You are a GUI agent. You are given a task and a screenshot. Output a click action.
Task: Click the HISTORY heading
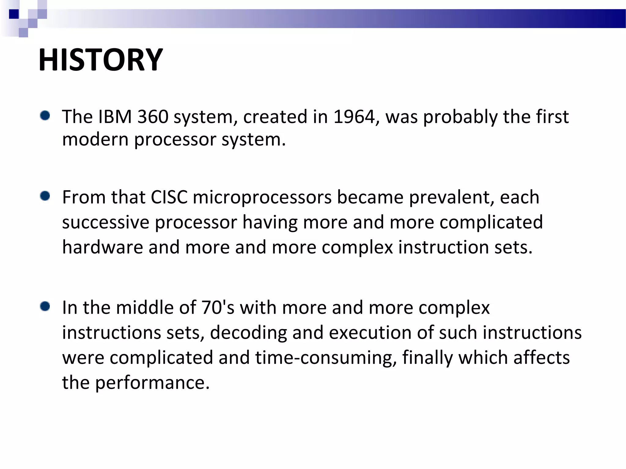(x=101, y=60)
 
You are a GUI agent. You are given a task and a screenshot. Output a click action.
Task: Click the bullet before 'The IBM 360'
(x=45, y=116)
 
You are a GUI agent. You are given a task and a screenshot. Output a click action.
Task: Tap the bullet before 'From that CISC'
(x=45, y=196)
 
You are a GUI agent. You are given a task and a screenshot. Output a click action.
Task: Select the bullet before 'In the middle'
(x=45, y=306)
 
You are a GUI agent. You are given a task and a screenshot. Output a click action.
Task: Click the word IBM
(x=115, y=117)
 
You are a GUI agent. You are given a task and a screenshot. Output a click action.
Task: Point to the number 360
(x=153, y=117)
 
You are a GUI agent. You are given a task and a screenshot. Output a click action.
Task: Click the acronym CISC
(x=169, y=197)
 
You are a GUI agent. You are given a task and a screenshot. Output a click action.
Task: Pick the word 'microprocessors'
(x=262, y=198)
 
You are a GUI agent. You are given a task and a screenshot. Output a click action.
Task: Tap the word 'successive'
(x=105, y=222)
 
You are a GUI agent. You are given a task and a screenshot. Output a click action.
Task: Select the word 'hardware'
(x=102, y=247)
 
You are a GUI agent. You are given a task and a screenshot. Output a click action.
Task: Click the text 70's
(x=218, y=307)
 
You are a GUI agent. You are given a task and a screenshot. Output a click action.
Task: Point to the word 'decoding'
(x=248, y=333)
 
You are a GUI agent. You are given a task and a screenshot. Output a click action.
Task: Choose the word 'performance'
(x=152, y=383)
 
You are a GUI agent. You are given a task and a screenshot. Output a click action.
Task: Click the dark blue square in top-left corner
(x=14, y=14)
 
